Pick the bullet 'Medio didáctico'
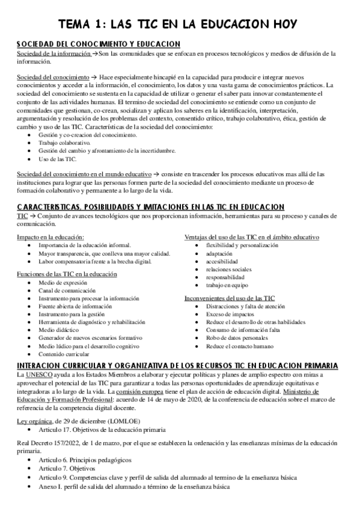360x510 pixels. tap(59, 330)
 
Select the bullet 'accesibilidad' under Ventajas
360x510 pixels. tap(222, 262)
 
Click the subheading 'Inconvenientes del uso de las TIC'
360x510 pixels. tap(229, 298)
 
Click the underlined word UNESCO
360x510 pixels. tap(38, 375)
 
